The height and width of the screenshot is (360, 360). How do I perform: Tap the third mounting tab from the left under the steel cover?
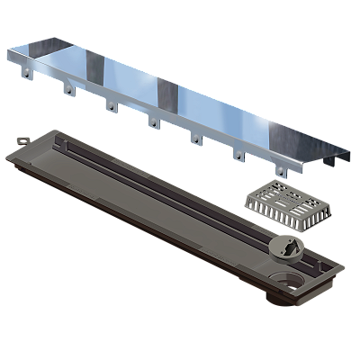[x=110, y=107]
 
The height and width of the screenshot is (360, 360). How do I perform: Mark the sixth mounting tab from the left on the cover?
[x=238, y=156]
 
